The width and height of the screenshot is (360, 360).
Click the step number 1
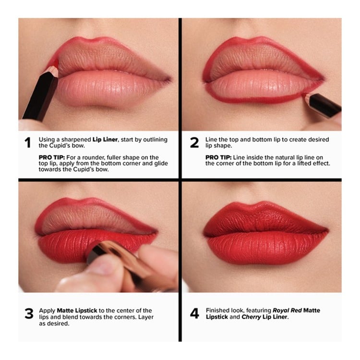(x=27, y=143)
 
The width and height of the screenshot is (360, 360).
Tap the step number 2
(x=194, y=143)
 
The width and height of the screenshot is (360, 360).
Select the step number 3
(x=29, y=313)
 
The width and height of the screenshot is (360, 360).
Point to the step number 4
(x=194, y=313)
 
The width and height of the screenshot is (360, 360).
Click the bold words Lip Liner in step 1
(x=105, y=140)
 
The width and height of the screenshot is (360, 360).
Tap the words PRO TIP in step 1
(x=52, y=157)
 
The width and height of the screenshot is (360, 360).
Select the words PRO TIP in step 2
(x=218, y=157)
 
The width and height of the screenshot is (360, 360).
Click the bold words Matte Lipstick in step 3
(x=77, y=311)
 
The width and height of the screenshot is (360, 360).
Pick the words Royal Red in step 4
(x=287, y=311)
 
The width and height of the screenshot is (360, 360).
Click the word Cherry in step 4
(x=251, y=317)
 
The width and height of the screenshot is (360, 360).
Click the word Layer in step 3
(x=146, y=317)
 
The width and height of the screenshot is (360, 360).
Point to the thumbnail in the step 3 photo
(x=103, y=266)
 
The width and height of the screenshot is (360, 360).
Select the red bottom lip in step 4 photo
(x=266, y=248)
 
